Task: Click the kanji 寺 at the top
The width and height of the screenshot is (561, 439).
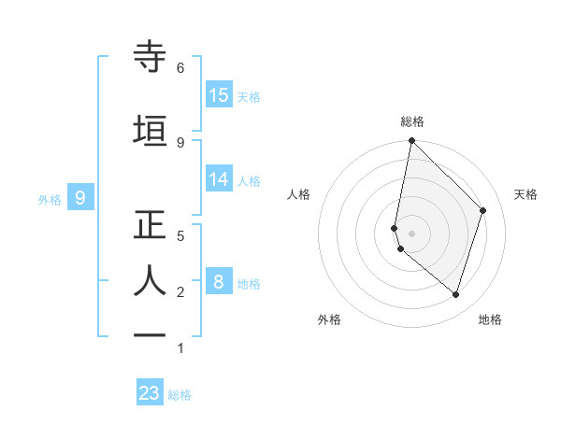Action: point(151,57)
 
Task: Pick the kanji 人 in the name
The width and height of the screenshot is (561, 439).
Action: point(151,280)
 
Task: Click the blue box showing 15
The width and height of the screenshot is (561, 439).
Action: point(219,94)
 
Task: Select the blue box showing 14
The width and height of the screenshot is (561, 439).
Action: point(219,179)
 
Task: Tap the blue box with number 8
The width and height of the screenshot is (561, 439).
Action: point(219,281)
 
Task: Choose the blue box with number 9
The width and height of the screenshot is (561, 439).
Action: point(81,197)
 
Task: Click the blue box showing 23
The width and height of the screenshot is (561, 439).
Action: point(150,393)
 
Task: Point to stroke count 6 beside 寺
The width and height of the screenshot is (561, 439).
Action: point(180,68)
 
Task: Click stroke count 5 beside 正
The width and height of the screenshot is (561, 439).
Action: point(180,236)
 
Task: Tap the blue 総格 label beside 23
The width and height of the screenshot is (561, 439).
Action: point(180,395)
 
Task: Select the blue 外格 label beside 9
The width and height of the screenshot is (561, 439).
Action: point(50,199)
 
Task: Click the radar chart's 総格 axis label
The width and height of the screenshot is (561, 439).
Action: point(412,121)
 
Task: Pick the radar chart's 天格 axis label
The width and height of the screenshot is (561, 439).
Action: point(525,194)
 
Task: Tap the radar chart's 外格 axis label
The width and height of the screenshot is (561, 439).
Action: point(329,319)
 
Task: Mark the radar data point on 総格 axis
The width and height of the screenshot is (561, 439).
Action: point(411,141)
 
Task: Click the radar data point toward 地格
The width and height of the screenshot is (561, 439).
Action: point(455,294)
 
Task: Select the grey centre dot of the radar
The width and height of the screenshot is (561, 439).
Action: point(411,233)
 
